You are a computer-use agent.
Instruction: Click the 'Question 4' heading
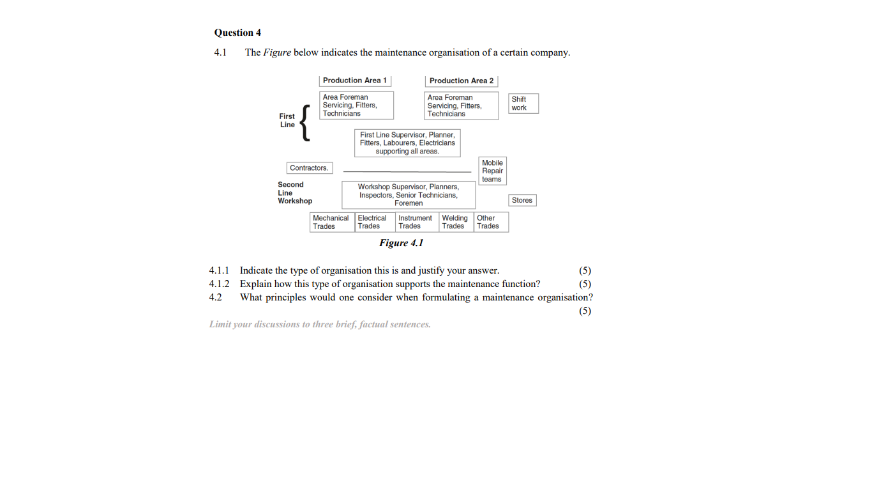[x=237, y=33]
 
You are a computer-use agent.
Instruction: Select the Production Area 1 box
[x=355, y=81]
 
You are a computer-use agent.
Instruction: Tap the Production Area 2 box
[x=461, y=81]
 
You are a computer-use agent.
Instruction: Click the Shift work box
[x=523, y=104]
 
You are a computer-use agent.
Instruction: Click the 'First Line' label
[x=287, y=120]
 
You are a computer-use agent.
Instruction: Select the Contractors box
[x=309, y=168]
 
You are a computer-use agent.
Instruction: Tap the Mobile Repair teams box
[x=492, y=171]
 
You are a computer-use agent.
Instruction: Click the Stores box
[x=522, y=200]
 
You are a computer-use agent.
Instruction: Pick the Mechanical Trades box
[x=331, y=222]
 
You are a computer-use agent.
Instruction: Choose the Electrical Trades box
[x=375, y=222]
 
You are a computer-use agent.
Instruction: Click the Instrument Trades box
[x=417, y=222]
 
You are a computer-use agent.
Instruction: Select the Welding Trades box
[x=456, y=222]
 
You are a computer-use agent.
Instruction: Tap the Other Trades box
[x=490, y=222]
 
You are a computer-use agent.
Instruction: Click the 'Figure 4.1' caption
[x=401, y=243]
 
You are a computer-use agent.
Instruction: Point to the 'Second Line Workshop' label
[x=294, y=192]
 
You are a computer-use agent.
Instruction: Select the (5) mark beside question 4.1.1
[x=585, y=270]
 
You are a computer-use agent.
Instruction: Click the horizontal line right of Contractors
[x=407, y=172]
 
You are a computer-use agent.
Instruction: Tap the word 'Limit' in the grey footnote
[x=220, y=325]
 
